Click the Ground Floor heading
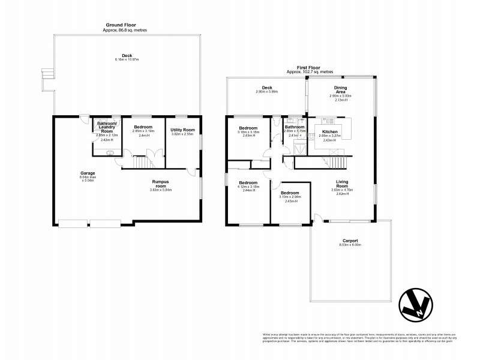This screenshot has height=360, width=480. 125,26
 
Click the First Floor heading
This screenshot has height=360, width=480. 310,68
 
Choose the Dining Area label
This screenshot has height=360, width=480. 340,89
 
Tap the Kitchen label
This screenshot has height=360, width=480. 331,131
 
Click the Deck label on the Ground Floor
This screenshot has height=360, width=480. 127,55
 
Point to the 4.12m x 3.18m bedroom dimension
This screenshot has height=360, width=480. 248,187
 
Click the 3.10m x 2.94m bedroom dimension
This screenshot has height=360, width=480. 290,197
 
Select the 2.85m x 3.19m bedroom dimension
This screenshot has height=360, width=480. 143,131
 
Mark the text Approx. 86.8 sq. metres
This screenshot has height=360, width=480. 125,30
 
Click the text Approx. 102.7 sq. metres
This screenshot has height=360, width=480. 310,72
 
